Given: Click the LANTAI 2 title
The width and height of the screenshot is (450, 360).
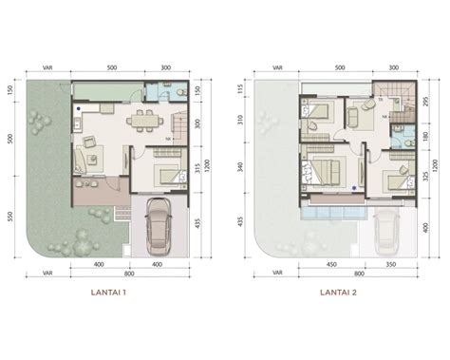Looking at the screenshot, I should pyautogui.click(x=337, y=293).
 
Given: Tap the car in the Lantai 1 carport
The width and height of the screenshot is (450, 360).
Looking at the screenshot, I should pyautogui.click(x=159, y=228).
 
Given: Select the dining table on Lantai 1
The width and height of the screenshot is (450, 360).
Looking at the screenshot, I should pyautogui.click(x=143, y=119).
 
